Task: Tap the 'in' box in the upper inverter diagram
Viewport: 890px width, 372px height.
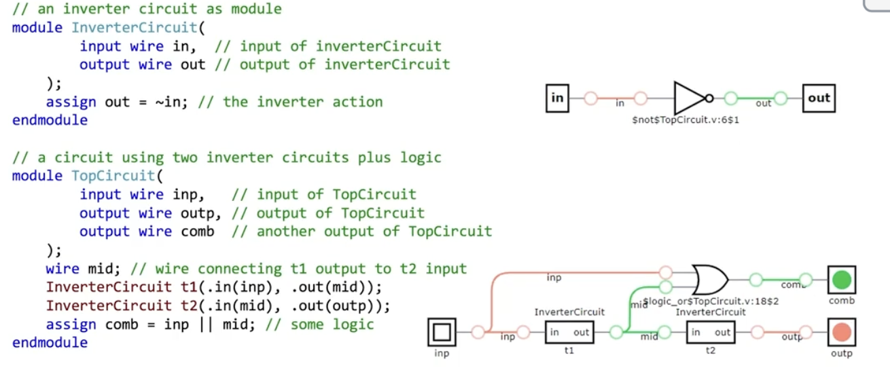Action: point(557,98)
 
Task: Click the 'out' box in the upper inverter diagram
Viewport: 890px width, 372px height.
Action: point(819,98)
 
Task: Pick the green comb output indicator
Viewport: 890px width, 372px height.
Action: point(842,279)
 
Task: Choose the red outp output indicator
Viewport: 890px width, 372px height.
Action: point(842,333)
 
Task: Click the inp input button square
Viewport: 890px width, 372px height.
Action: point(442,333)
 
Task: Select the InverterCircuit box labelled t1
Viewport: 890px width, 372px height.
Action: point(569,333)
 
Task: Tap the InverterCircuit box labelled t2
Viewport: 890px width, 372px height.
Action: point(711,333)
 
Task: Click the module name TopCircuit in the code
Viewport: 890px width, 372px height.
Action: point(113,176)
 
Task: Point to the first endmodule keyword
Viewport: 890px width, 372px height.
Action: point(50,120)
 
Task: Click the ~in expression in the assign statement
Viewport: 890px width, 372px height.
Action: point(175,102)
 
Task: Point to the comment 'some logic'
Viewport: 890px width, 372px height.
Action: point(332,324)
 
